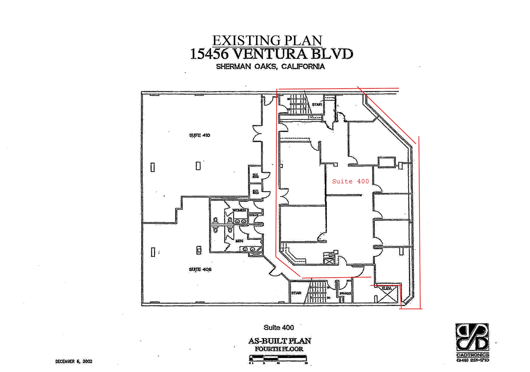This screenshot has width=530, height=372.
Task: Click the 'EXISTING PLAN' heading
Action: tap(267, 41)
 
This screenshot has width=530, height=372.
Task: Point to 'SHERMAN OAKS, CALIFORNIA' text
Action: tap(270, 67)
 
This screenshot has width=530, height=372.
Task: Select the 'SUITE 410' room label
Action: tap(200, 135)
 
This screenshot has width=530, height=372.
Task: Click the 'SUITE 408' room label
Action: tap(200, 269)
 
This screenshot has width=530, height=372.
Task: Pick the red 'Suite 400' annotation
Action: tap(350, 181)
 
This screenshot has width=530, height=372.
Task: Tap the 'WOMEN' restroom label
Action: tap(239, 210)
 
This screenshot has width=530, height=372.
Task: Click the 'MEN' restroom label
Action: tap(239, 241)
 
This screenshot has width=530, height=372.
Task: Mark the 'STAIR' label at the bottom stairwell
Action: tap(296, 293)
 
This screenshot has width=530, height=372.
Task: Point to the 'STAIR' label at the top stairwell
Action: tap(317, 104)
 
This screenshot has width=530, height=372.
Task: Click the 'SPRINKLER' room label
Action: tap(345, 293)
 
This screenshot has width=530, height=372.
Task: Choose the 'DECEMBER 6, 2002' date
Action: tap(74, 361)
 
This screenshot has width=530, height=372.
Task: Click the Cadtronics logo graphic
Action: tap(472, 337)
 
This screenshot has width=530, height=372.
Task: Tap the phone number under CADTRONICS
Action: tap(473, 360)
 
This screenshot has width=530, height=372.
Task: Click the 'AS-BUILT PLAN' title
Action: tap(279, 341)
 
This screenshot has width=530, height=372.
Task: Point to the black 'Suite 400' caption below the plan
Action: tap(279, 328)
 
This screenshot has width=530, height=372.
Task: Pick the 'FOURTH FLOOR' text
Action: tap(279, 349)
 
